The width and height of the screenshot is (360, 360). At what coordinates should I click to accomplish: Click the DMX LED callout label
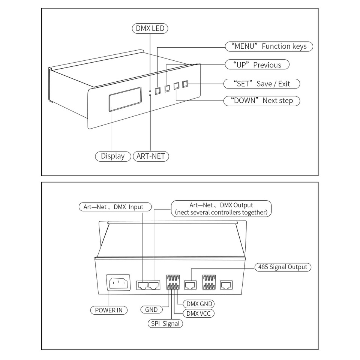click(150, 28)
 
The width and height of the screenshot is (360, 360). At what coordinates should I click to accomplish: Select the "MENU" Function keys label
click(269, 46)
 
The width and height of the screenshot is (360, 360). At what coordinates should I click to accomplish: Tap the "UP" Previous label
click(257, 65)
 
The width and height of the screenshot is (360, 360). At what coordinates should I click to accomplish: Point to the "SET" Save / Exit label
click(262, 83)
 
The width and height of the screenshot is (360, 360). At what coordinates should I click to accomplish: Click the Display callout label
click(112, 156)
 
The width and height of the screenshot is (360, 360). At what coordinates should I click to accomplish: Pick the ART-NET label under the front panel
click(151, 156)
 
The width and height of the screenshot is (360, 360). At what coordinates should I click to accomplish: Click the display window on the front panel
click(125, 99)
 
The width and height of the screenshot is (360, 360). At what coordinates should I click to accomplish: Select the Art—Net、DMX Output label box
click(221, 208)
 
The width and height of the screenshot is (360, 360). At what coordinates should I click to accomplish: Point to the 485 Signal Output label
click(283, 267)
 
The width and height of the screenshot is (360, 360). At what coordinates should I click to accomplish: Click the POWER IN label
click(108, 310)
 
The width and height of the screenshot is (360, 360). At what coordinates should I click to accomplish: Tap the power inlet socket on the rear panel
click(118, 283)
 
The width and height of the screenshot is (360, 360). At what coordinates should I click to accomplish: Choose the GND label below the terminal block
click(151, 309)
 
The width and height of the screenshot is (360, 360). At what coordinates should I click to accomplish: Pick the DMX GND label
click(199, 304)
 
